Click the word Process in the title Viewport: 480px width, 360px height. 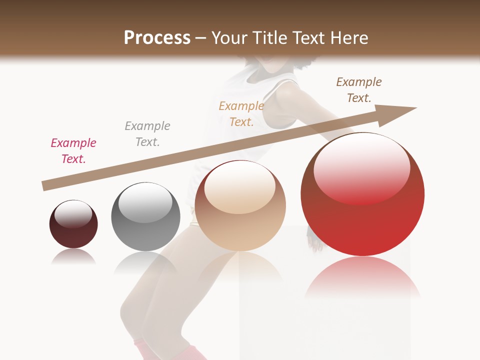[x=157, y=37]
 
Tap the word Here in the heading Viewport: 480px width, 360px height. [x=348, y=38]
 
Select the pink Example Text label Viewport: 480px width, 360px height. [x=73, y=151]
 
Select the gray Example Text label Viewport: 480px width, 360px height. [x=147, y=134]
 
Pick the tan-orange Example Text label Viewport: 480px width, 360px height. [x=241, y=114]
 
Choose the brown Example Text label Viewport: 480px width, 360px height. [x=359, y=90]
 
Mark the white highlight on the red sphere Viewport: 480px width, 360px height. [x=361, y=170]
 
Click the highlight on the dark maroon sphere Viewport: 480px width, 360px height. [x=73, y=214]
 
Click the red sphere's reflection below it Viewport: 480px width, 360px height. [x=362, y=277]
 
